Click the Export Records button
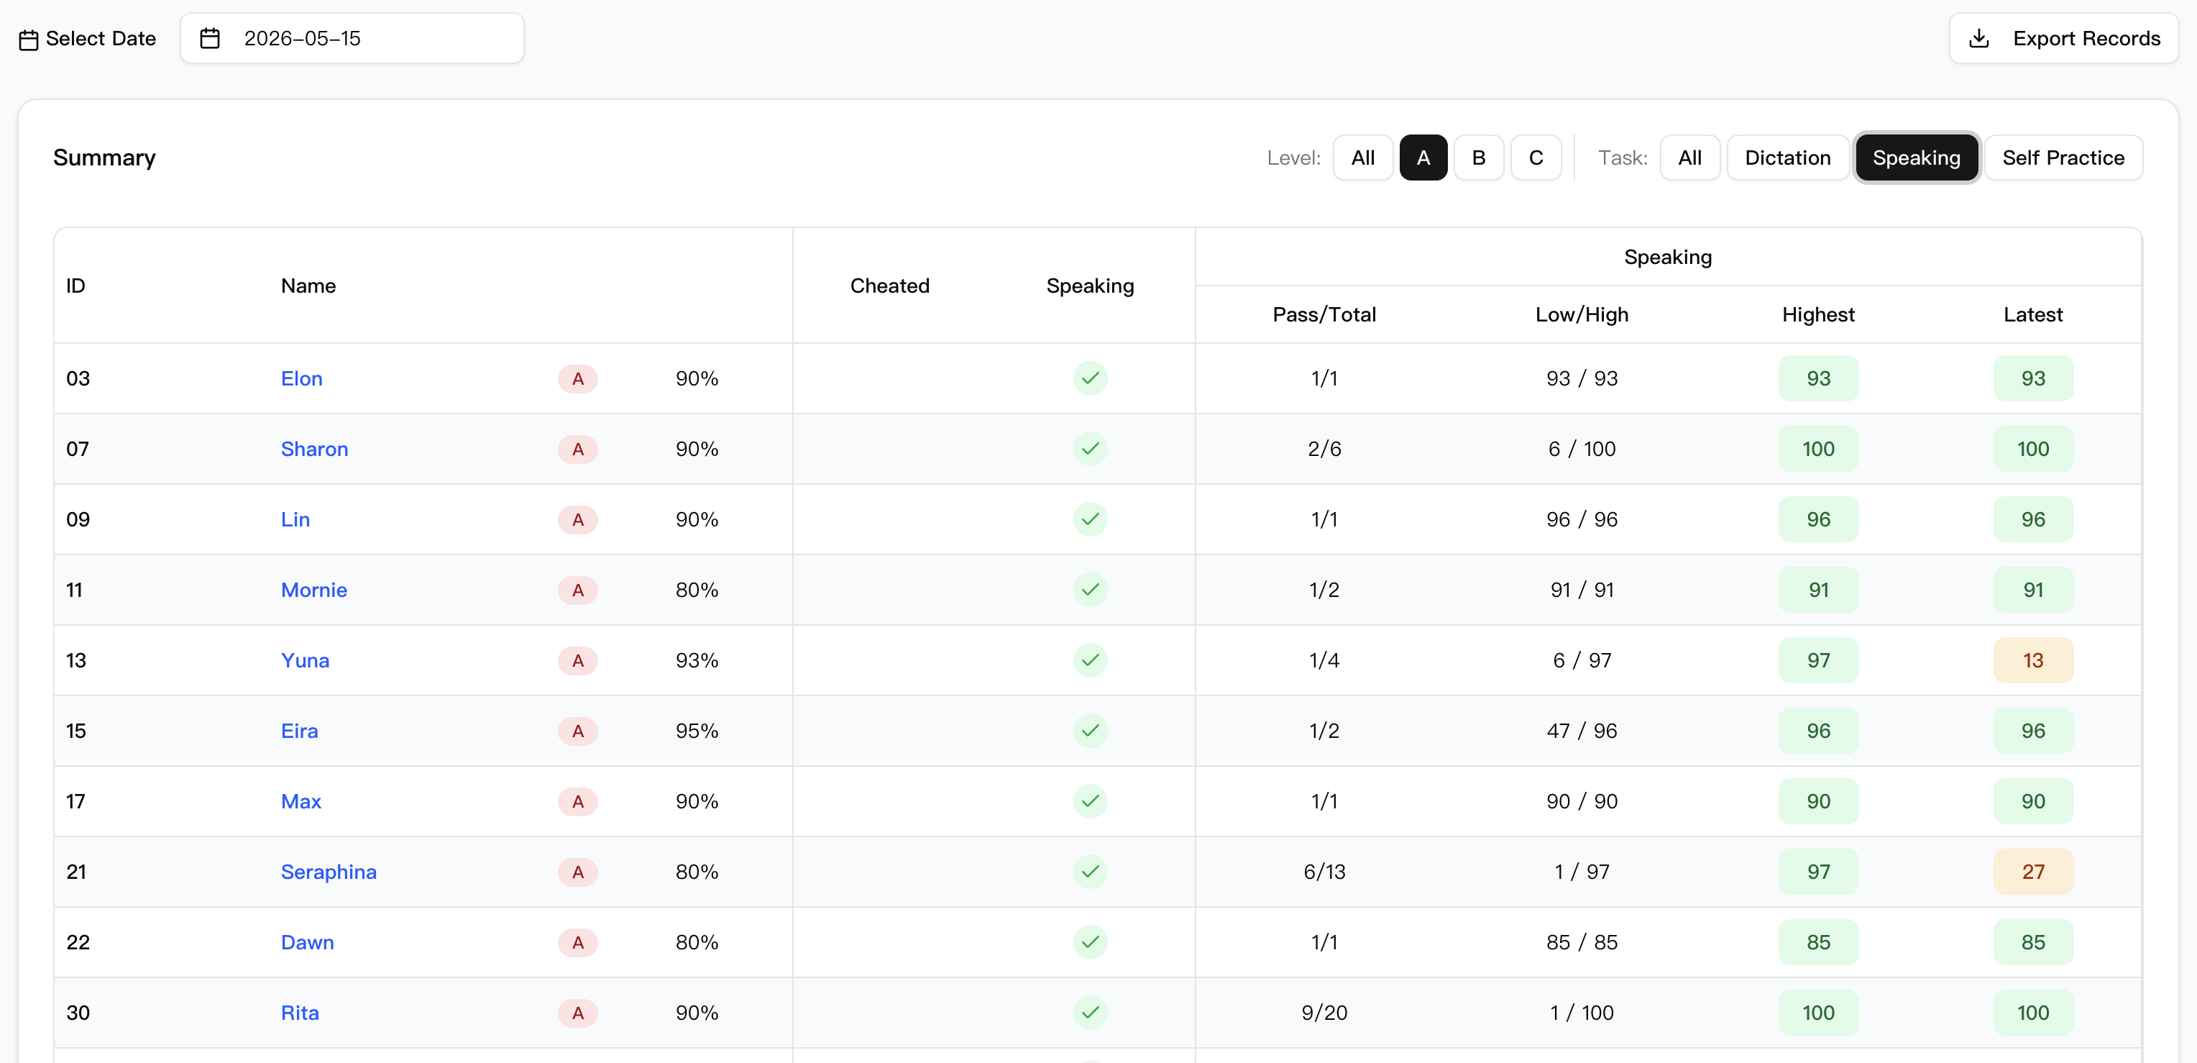coord(2063,38)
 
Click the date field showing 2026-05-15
coord(352,38)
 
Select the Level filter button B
coord(1478,158)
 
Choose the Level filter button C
coord(1536,158)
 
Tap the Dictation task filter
coord(1788,158)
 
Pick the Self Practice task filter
coord(2063,158)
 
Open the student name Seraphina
coord(329,872)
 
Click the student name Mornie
coord(314,590)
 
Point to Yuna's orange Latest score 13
coord(2033,660)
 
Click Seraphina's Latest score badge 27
coord(2033,872)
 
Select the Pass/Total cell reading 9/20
coord(1324,1013)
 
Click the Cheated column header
coord(889,286)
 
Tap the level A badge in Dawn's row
coord(577,943)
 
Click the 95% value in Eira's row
coord(697,731)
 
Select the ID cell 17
coord(76,802)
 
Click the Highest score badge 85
coord(1818,943)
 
